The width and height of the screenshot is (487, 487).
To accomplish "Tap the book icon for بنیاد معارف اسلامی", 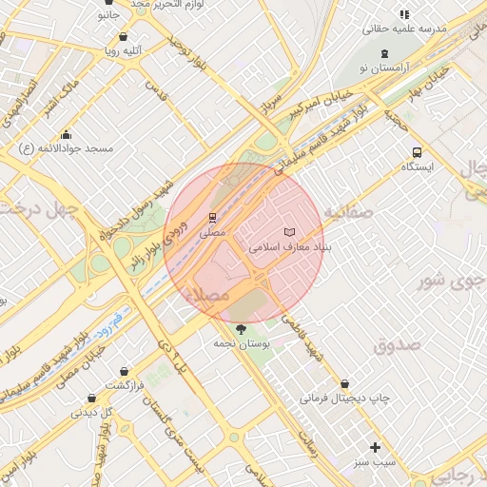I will [290, 232].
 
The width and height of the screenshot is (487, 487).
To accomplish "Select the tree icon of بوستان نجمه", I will [240, 328].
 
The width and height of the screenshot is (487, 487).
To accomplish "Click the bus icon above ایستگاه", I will [417, 152].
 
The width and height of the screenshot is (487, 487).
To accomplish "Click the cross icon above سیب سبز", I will [375, 447].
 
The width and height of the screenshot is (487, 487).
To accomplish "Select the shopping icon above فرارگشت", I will [123, 370].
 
